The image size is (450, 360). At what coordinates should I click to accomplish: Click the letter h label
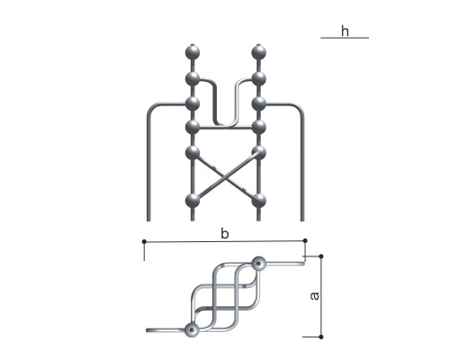345,31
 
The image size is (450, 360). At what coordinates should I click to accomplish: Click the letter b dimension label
225,233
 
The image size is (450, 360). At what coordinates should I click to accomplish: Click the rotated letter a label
314,296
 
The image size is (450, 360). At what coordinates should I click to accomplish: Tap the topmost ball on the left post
193,52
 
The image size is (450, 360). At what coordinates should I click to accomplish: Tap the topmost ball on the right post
258,52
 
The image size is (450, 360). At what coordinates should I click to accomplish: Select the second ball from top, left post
193,79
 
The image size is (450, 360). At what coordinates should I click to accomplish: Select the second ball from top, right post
258,79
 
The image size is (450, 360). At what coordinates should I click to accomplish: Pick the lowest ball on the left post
193,201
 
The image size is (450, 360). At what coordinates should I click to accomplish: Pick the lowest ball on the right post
258,201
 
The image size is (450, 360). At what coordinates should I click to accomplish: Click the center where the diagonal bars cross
225,177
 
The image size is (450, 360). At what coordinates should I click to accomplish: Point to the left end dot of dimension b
144,241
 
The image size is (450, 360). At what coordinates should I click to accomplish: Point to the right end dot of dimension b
305,240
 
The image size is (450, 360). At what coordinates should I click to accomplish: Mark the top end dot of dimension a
321,256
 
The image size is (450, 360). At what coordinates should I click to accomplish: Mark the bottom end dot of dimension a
321,337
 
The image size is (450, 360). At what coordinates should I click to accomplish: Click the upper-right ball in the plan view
258,264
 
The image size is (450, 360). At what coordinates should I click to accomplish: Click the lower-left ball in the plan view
192,330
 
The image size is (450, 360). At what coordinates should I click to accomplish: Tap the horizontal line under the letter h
345,38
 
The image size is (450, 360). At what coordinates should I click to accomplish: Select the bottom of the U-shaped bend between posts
225,123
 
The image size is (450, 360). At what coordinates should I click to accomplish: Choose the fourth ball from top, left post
193,127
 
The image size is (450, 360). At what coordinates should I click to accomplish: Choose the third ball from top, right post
258,103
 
